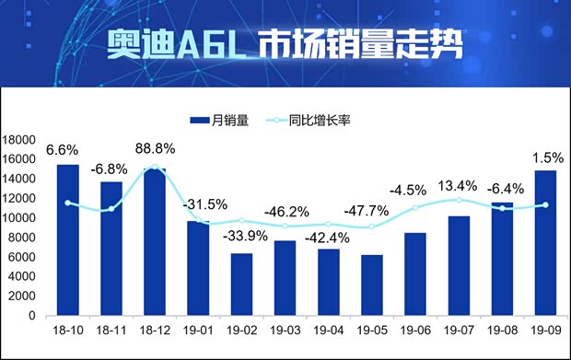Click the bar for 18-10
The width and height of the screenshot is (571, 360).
(67, 239)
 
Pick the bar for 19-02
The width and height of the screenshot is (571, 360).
(241, 284)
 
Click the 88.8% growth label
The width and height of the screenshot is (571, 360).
(155, 147)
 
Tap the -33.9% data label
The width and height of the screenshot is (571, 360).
(246, 234)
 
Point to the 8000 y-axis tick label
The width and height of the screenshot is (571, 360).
(21, 238)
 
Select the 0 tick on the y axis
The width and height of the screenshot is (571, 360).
(31, 316)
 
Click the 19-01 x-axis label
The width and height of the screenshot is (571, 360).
(198, 329)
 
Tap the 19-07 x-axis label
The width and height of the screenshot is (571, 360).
(459, 329)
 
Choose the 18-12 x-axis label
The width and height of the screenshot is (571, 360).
(155, 329)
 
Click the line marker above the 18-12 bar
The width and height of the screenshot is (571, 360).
(155, 168)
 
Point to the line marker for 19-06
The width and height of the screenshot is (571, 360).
(414, 208)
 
